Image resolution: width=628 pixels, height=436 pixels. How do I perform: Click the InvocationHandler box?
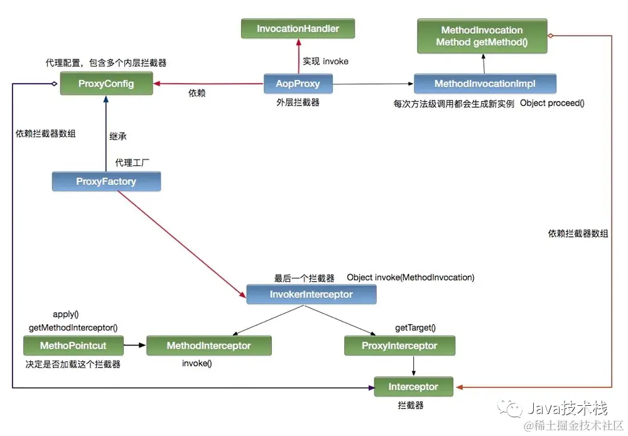[x=298, y=29]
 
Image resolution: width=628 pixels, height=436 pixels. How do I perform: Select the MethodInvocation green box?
[x=482, y=36]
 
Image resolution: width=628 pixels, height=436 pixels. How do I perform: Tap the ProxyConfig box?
[x=106, y=84]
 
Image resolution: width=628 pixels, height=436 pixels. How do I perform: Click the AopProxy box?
[x=298, y=83]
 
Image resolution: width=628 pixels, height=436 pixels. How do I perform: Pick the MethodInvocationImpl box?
[x=484, y=84]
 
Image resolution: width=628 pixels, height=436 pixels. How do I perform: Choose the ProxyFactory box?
[x=106, y=182]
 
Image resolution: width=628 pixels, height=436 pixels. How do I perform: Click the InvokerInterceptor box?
[x=311, y=294]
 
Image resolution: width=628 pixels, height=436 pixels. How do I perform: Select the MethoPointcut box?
[x=73, y=346]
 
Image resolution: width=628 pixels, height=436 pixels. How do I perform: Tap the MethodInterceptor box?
[x=208, y=346]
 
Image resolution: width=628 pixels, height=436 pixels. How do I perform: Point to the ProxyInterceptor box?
[x=399, y=346]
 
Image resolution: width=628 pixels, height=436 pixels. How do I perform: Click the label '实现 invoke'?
[x=325, y=61]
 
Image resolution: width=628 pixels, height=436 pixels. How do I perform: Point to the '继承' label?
[x=118, y=136]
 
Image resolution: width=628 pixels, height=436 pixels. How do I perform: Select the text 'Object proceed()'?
[x=552, y=103]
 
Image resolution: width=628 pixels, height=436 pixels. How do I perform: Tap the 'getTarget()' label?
[x=415, y=327]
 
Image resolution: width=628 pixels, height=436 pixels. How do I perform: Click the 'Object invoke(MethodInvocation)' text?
[x=410, y=277]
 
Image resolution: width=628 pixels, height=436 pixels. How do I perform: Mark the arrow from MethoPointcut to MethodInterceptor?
[x=134, y=346]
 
